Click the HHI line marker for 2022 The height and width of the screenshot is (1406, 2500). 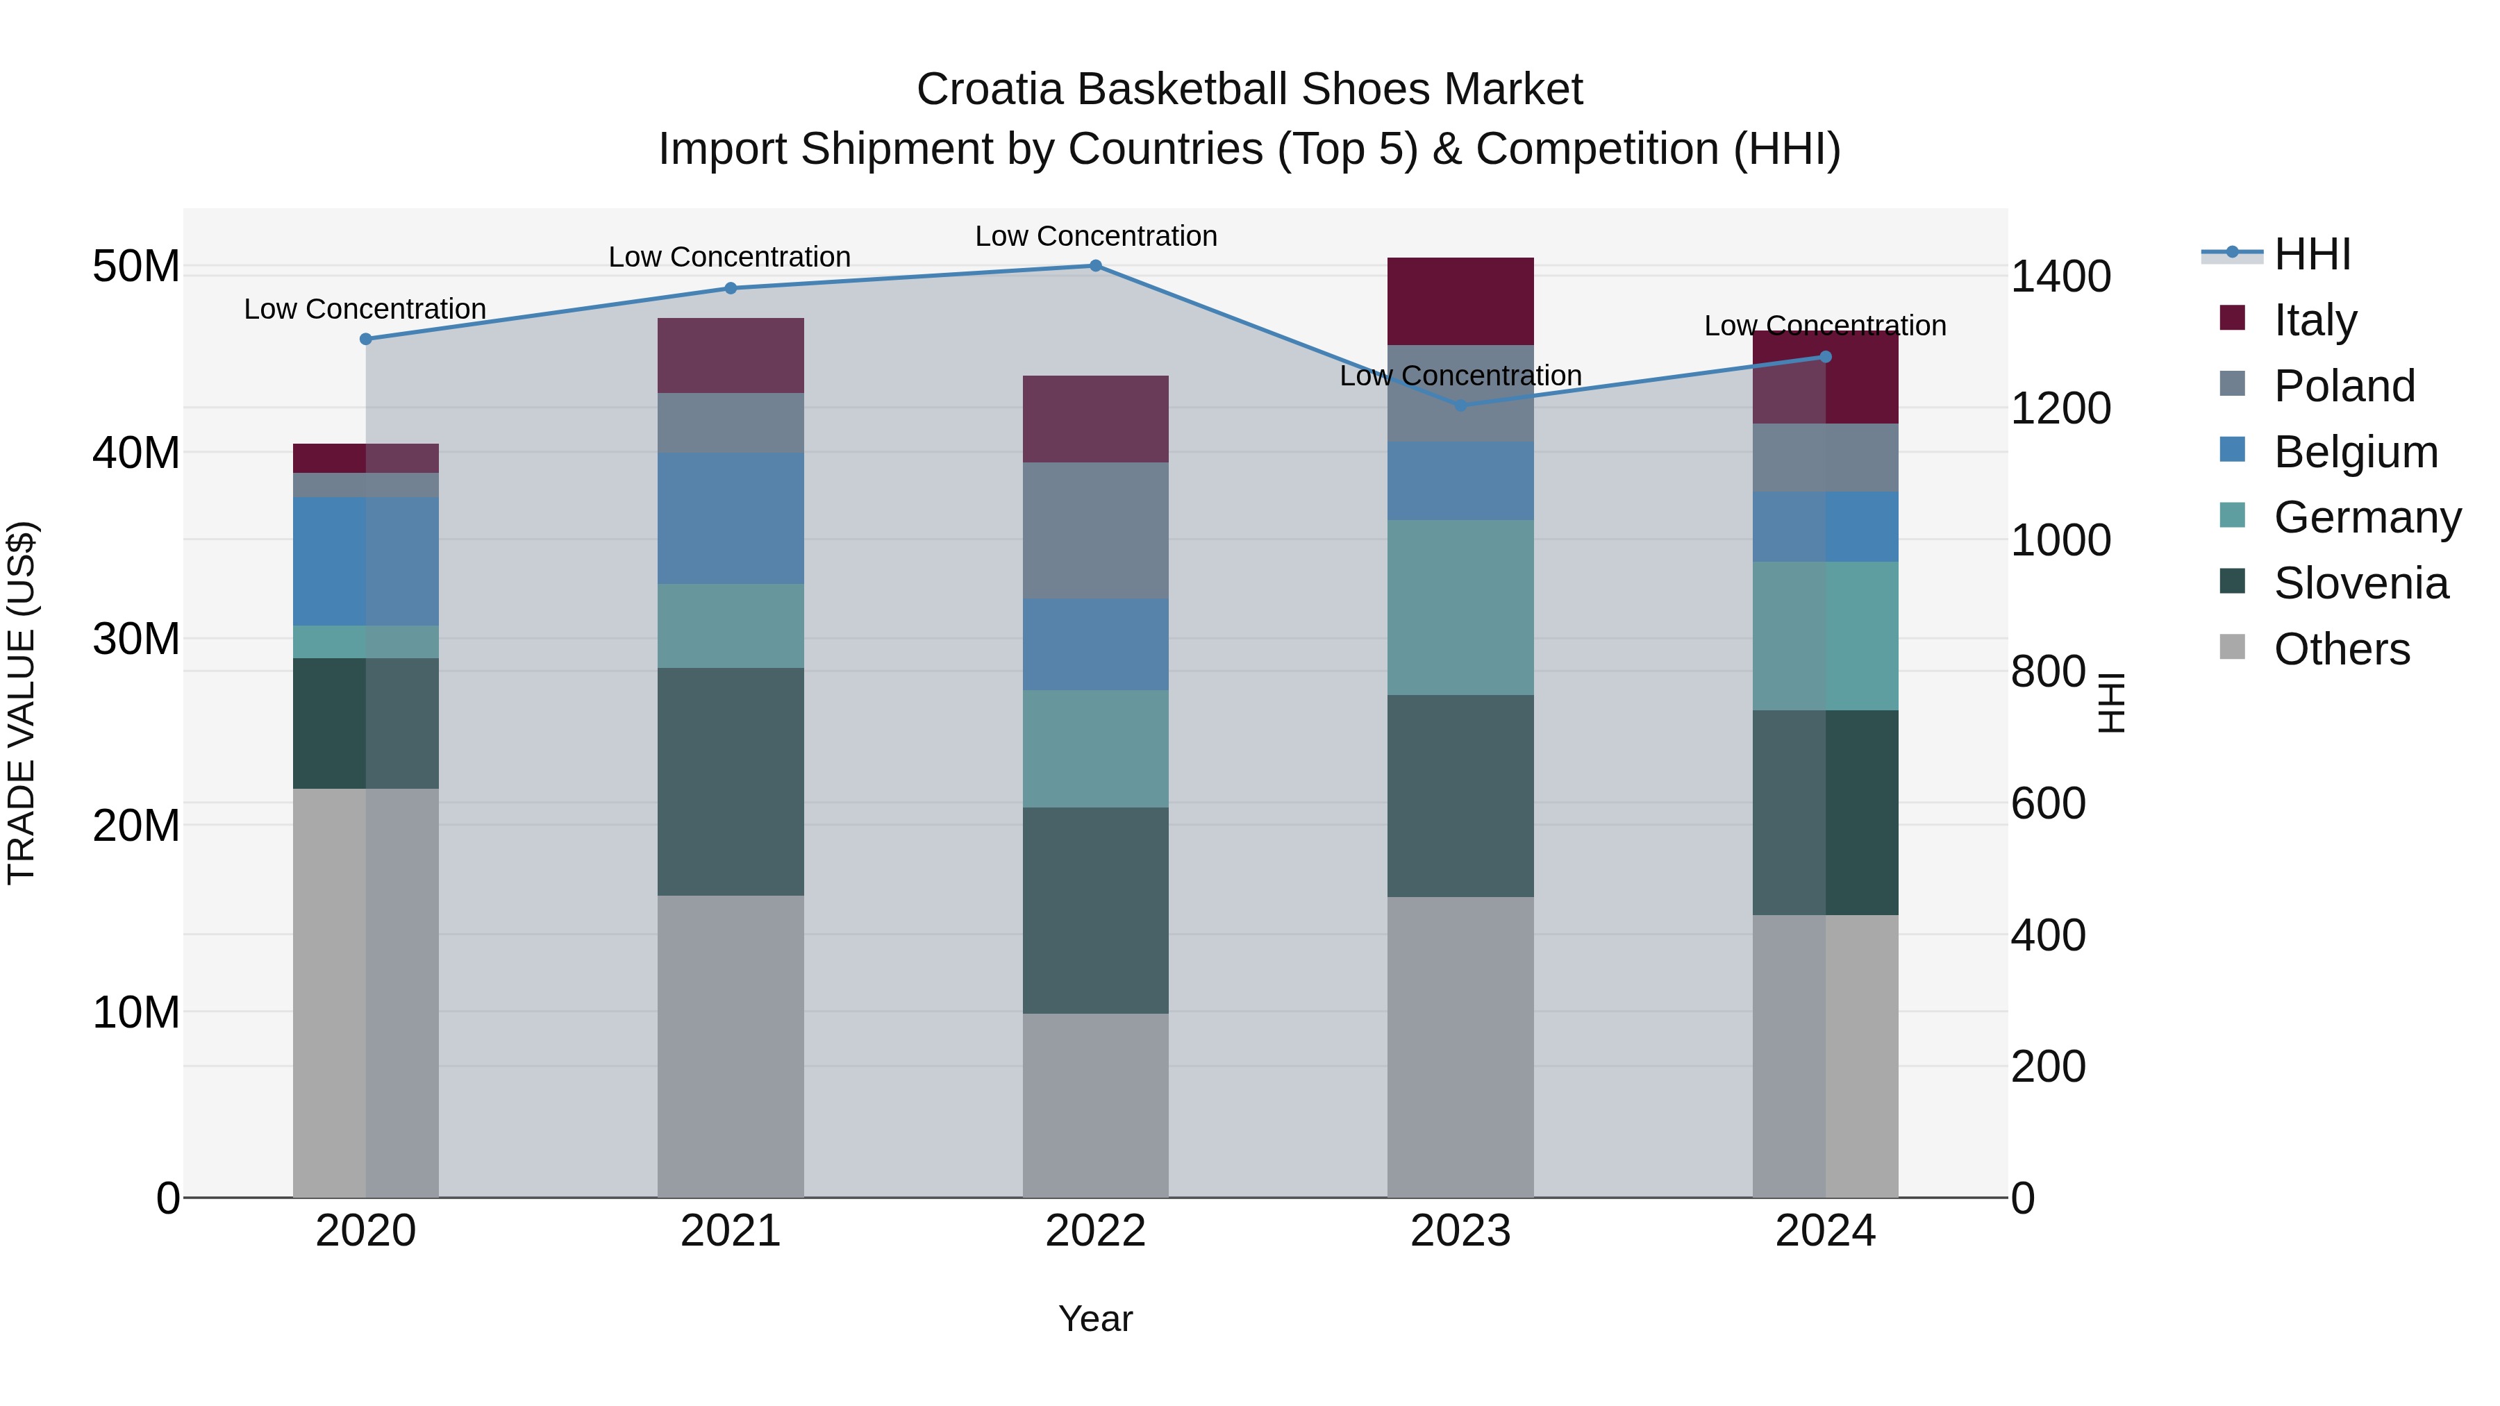point(1096,266)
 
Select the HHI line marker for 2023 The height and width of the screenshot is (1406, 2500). point(1460,405)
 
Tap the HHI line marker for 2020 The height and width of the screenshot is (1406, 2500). point(366,340)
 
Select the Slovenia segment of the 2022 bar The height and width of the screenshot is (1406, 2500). point(1096,910)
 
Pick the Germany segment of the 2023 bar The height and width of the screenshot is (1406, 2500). point(1460,608)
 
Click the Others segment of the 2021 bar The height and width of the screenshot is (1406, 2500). point(731,1046)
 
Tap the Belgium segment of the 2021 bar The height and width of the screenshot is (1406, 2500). point(731,518)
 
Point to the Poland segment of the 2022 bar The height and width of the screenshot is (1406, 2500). point(1096,530)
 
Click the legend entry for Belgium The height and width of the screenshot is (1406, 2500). point(2356,452)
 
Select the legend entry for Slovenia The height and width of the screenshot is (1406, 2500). point(2360,584)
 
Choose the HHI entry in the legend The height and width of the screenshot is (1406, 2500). point(2312,254)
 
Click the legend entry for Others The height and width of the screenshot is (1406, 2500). point(2341,649)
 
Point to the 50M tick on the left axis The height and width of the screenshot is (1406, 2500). point(136,267)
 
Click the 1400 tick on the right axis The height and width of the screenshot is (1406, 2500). point(2060,276)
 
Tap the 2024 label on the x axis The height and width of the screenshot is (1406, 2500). point(1824,1231)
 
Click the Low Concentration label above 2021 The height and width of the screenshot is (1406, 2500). point(730,257)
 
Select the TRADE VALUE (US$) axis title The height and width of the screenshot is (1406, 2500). point(22,703)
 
